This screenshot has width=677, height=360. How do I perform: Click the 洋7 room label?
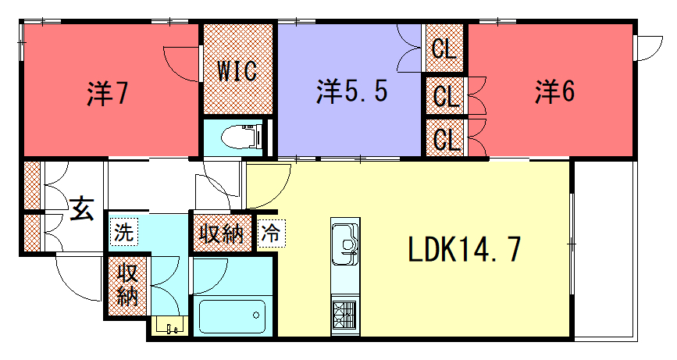click(x=108, y=93)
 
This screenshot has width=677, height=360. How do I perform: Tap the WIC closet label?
click(x=237, y=71)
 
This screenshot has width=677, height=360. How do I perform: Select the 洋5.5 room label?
click(x=352, y=91)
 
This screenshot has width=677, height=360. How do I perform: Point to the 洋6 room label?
click(x=555, y=91)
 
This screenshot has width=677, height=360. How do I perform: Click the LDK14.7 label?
click(x=465, y=249)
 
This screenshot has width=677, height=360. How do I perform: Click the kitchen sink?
click(x=345, y=244)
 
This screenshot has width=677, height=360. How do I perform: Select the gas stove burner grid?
click(x=345, y=314)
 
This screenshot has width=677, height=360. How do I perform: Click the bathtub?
click(x=233, y=316)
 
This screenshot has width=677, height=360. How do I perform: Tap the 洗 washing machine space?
click(x=123, y=232)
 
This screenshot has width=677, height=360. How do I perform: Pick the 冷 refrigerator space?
click(x=271, y=233)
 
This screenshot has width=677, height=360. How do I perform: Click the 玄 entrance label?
click(x=82, y=208)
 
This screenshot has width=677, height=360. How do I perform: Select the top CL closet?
click(x=444, y=48)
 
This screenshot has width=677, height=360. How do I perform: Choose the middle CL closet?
click(x=444, y=96)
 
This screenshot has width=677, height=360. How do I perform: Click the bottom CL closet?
click(x=444, y=138)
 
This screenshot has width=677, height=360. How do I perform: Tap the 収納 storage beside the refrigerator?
click(x=222, y=233)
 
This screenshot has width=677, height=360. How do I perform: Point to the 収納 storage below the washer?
click(x=127, y=286)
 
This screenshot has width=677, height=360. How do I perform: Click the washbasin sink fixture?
click(x=170, y=326)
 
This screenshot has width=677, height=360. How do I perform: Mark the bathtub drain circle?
click(x=256, y=315)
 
